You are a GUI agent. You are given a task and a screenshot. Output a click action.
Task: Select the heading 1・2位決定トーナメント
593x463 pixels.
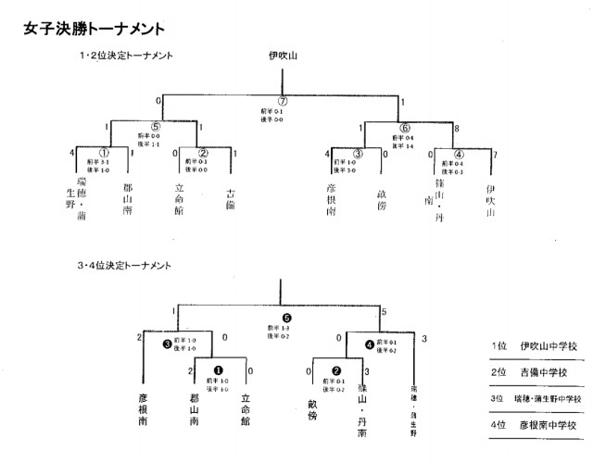(126, 56)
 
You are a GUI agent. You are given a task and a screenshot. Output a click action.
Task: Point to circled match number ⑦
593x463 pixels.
(284, 101)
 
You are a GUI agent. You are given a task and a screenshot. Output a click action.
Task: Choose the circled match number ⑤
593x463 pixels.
(157, 130)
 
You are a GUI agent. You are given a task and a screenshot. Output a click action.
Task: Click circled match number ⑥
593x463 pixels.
(404, 130)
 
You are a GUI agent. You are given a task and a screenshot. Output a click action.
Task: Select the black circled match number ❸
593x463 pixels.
(167, 344)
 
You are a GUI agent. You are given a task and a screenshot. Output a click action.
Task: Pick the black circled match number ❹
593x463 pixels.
(370, 344)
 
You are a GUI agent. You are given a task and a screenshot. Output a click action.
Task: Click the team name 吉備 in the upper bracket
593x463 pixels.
(230, 199)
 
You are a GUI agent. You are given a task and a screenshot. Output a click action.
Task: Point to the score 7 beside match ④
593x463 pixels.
(494, 153)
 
